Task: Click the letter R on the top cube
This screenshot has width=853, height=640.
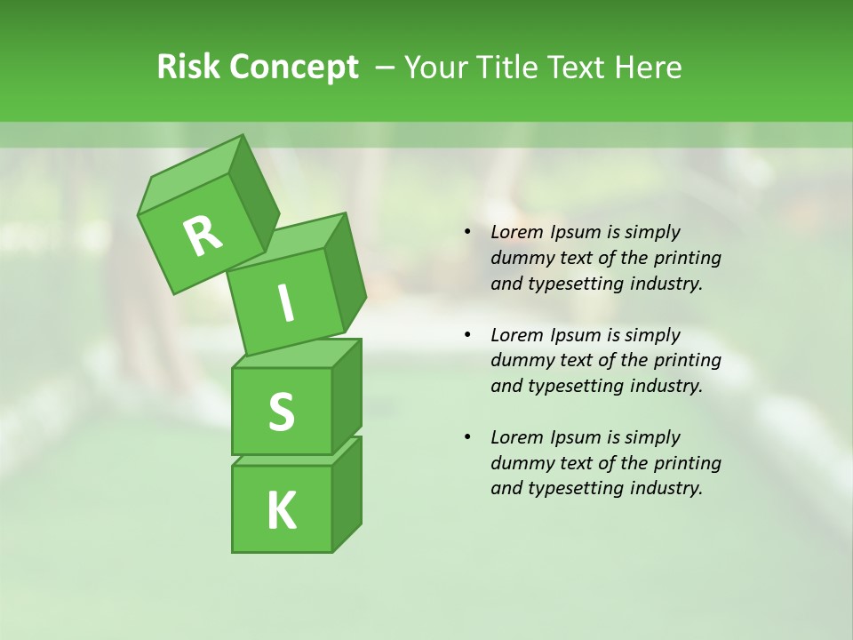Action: [203, 236]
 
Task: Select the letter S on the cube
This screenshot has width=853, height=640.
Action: [281, 412]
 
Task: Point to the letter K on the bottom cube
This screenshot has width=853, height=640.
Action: [281, 510]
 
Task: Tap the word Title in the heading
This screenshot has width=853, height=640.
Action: [511, 68]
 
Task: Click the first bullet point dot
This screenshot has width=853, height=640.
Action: [467, 232]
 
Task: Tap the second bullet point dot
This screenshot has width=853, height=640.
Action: [467, 335]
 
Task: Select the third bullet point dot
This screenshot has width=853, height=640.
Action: [467, 437]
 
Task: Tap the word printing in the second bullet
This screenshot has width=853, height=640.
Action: [687, 360]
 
